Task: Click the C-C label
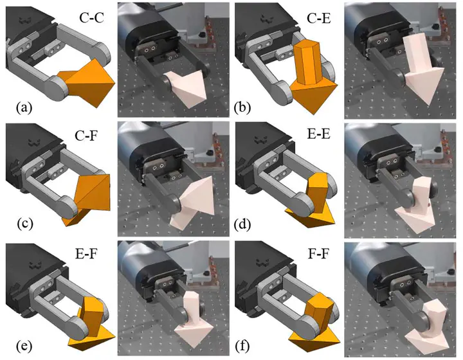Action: click(91, 18)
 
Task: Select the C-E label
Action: click(319, 18)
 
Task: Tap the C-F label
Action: click(86, 136)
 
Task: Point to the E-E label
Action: click(318, 134)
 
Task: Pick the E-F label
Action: click(86, 253)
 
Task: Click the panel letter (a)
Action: click(24, 108)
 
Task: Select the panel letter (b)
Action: click(242, 108)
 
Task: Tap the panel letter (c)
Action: click(25, 224)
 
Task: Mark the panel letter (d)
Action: click(242, 225)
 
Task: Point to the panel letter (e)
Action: click(24, 346)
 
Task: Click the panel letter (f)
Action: click(242, 346)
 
